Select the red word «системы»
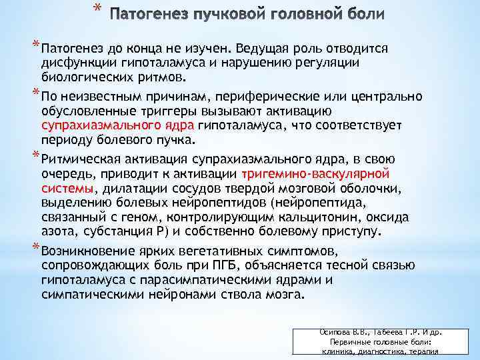[66, 189]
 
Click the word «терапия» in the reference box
[423, 352]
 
